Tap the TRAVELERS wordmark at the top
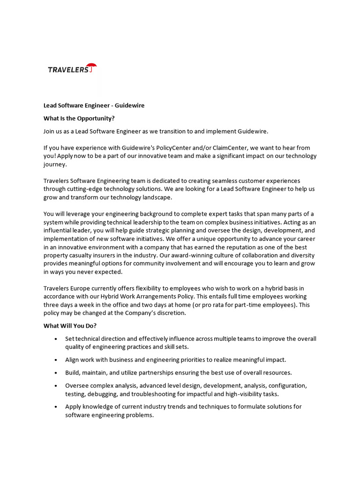[x=68, y=70]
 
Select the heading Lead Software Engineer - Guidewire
[x=94, y=105]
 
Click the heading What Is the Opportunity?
[x=79, y=118]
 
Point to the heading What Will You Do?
[x=70, y=326]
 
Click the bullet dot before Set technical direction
[x=56, y=339]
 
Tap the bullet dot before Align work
[x=56, y=360]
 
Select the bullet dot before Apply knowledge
[x=56, y=406]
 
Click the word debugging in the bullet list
[x=106, y=394]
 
